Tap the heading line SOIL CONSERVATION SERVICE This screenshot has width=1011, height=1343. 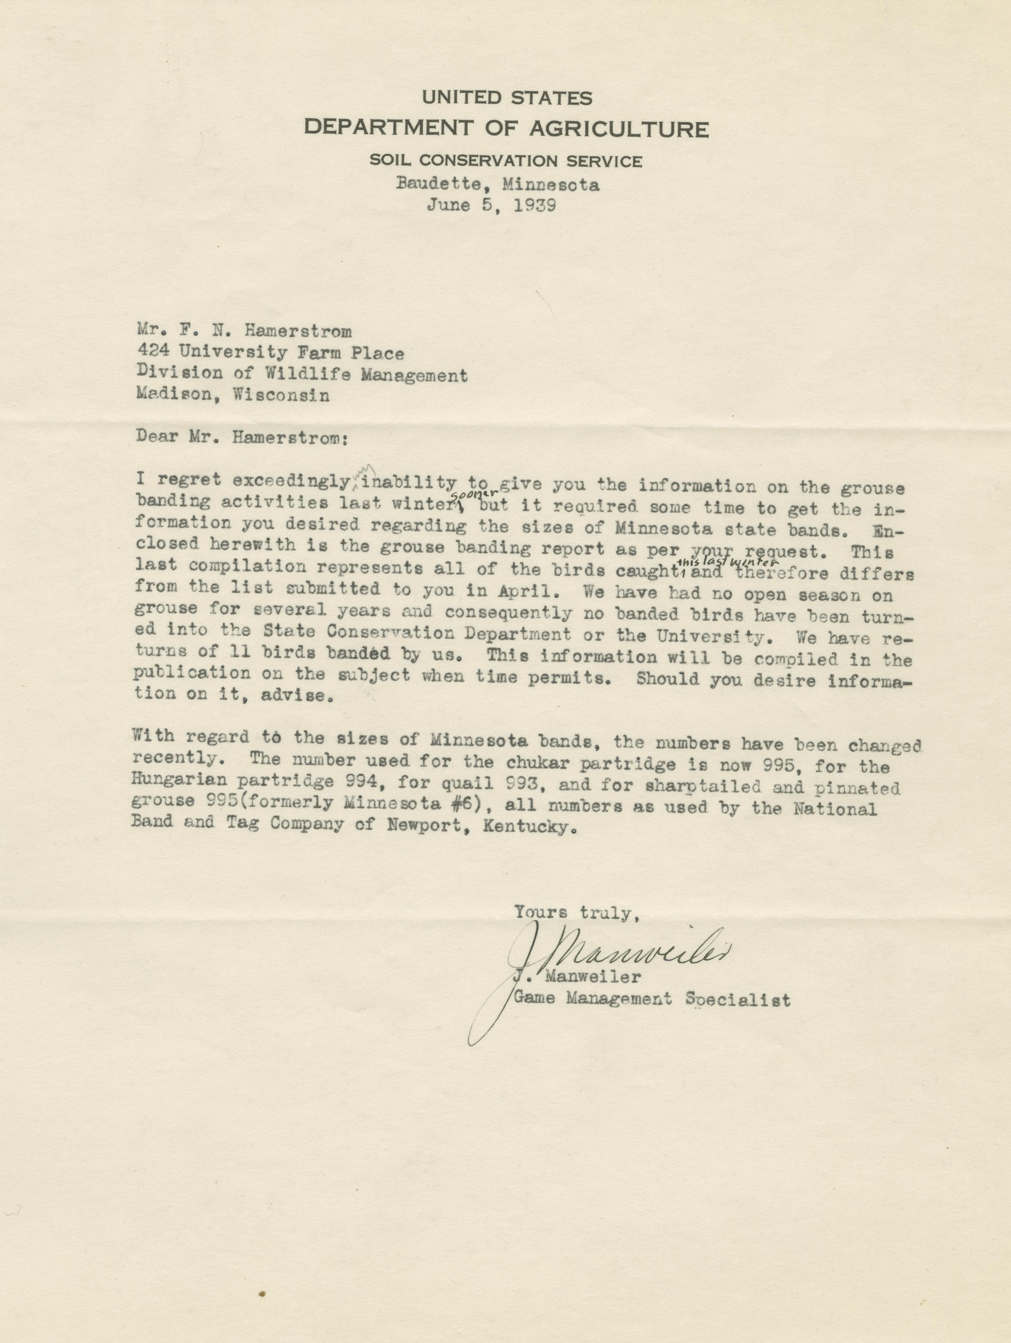tap(506, 161)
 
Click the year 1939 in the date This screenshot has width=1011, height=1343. tap(534, 205)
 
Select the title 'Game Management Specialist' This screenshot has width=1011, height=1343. tap(652, 999)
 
